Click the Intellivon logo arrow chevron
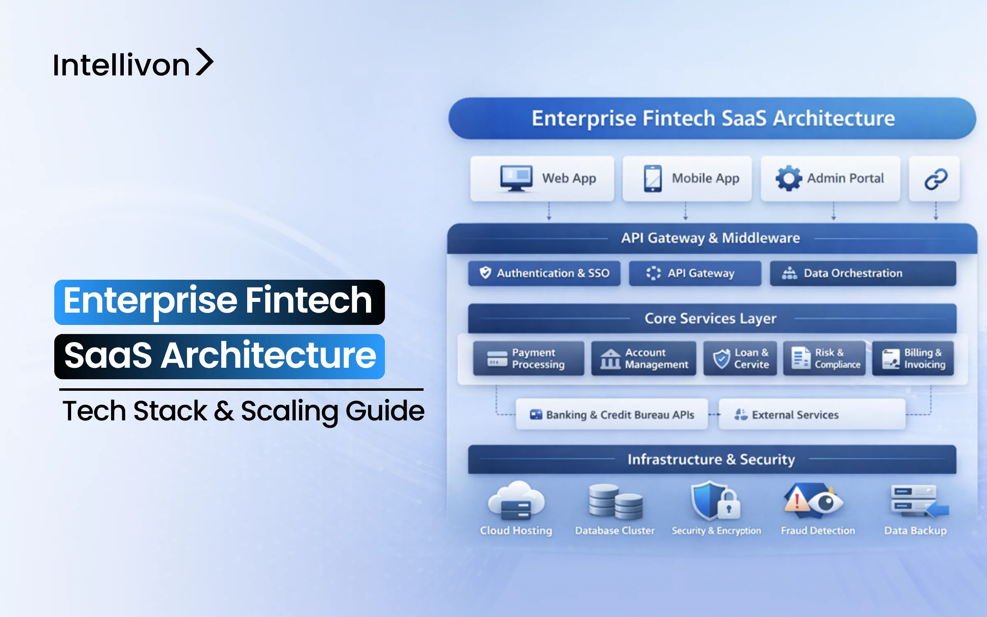[x=204, y=62]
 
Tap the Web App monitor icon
[x=516, y=178]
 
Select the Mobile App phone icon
[x=653, y=179]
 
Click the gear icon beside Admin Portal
[x=788, y=178]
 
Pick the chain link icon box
[x=934, y=179]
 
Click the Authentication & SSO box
[x=544, y=273]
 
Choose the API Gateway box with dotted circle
[x=695, y=273]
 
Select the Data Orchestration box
[x=863, y=273]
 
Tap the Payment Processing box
[x=528, y=358]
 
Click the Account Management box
[x=644, y=358]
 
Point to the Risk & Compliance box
[x=824, y=358]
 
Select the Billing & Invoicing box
[x=913, y=358]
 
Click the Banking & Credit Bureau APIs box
[x=612, y=414]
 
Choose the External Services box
[x=812, y=414]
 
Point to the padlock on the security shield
[x=729, y=506]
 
